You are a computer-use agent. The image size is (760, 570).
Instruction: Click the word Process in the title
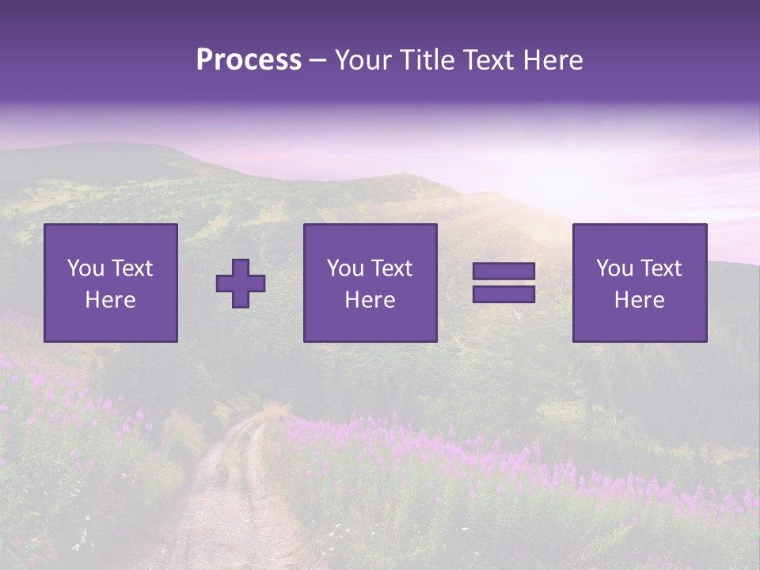click(249, 60)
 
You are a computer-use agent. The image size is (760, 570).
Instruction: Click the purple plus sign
click(241, 283)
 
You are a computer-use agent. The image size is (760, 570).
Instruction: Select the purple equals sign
click(503, 283)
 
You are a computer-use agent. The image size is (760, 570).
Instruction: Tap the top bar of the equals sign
click(503, 272)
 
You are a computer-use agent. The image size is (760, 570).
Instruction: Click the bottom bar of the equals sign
click(503, 294)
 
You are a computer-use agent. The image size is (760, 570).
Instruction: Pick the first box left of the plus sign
click(111, 283)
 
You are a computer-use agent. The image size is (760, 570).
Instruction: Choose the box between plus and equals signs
click(370, 283)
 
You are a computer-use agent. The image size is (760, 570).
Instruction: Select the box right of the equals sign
click(640, 283)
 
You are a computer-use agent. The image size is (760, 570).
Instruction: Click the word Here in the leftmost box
click(111, 299)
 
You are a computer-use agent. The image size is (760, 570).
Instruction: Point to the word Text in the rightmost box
click(660, 268)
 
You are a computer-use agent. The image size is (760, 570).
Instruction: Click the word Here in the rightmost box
click(640, 299)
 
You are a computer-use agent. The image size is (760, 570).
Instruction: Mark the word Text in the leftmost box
click(131, 268)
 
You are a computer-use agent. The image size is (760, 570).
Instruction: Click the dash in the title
click(318, 61)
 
